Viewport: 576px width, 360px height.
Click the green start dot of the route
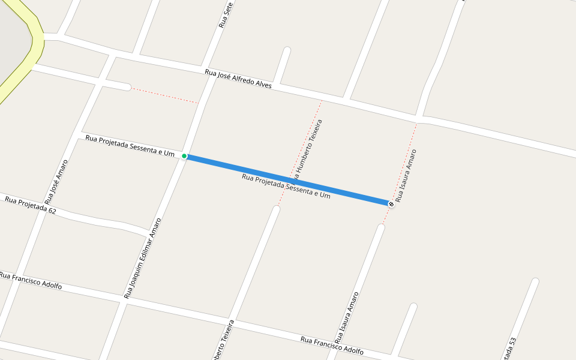(x=184, y=156)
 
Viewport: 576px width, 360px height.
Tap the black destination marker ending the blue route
(x=391, y=204)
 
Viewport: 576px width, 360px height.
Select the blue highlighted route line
(x=288, y=180)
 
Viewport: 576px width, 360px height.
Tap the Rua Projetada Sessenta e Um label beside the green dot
(x=130, y=146)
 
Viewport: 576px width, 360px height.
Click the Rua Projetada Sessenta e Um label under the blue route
(x=286, y=186)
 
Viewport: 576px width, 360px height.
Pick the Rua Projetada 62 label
(x=31, y=205)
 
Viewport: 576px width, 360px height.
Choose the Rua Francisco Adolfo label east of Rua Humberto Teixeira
(x=332, y=345)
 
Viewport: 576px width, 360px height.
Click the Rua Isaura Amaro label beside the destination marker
(x=406, y=175)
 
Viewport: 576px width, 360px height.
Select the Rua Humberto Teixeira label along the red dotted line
(x=308, y=150)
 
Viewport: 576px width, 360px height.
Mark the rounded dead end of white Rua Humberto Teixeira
(x=277, y=209)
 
